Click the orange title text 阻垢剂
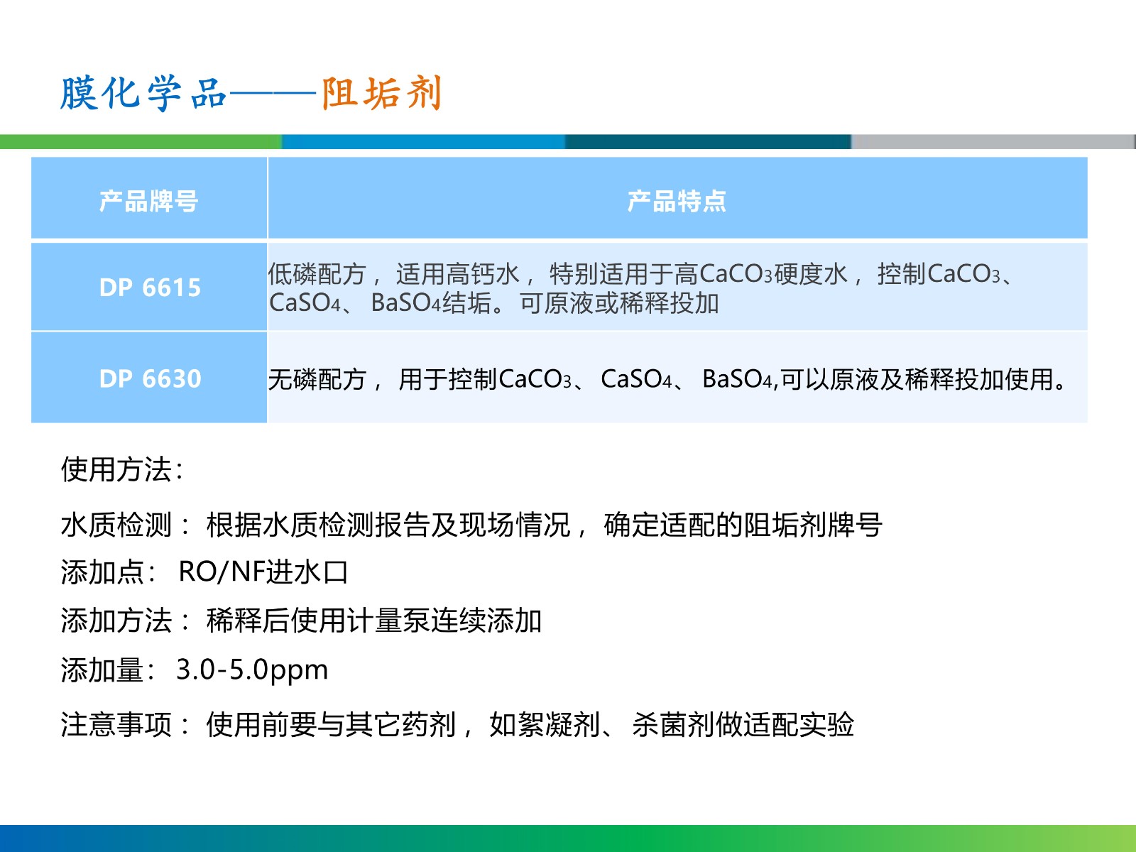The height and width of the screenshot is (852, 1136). (381, 93)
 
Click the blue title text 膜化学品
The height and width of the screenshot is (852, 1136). (143, 93)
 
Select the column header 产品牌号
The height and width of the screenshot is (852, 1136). (148, 201)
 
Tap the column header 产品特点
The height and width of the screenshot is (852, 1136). (677, 201)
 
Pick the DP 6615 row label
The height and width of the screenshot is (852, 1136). (150, 288)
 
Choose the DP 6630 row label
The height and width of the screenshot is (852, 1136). (150, 378)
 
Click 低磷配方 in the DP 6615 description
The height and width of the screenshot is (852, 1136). (317, 274)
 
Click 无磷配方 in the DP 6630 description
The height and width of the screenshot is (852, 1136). (317, 379)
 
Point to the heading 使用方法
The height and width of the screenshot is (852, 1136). (122, 469)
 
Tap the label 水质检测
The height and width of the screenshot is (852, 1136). (116, 525)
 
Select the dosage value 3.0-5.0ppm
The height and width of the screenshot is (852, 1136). (252, 670)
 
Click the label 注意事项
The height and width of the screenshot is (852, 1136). (116, 723)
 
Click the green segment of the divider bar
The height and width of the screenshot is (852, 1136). (141, 142)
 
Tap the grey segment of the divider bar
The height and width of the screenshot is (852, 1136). (993, 142)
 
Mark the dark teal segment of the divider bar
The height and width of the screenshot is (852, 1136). (708, 142)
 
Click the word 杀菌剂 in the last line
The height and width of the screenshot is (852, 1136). (673, 723)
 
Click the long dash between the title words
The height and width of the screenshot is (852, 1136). (273, 94)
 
